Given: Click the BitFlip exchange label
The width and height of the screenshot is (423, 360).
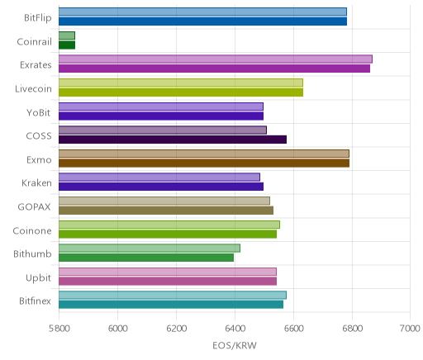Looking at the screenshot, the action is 38,18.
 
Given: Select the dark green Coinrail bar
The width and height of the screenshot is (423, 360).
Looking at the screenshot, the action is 67,45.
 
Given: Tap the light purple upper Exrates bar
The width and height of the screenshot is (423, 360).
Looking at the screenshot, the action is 216,59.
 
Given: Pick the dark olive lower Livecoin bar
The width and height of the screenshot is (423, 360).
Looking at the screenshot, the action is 181,92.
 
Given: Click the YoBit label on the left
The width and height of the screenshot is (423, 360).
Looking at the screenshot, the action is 39,112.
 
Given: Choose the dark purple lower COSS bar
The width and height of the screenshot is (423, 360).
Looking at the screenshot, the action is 173,140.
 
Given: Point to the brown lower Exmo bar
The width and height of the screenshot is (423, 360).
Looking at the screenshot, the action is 204,163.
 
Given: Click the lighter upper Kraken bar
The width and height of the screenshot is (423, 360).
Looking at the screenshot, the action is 159,178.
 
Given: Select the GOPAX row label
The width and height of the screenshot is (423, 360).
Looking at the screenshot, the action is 34,206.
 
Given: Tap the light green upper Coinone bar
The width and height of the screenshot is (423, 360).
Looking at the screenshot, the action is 169,225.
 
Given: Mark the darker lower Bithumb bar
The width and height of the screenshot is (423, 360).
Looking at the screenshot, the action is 146,258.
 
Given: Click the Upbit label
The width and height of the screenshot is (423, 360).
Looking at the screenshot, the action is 38,278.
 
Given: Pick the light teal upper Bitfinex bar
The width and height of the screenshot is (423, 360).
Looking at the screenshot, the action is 173,296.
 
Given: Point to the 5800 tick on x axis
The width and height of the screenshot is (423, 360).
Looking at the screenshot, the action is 59,329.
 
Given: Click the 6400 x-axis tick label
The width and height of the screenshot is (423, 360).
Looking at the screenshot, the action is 235,329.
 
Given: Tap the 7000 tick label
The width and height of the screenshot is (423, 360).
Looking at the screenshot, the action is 411,329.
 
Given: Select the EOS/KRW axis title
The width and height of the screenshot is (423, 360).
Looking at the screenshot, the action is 235,345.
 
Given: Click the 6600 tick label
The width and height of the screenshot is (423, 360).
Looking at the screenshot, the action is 293,329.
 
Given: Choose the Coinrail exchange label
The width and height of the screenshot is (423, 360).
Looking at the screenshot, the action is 34,42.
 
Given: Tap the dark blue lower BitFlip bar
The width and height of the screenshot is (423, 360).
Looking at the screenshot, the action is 202,21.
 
